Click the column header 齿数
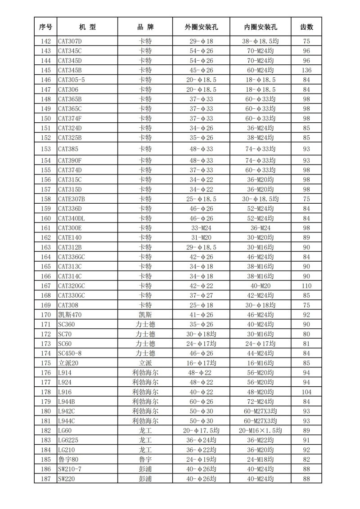click(x=306, y=27)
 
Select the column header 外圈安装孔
click(x=201, y=27)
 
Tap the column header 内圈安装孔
click(x=260, y=27)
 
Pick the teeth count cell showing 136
click(x=306, y=70)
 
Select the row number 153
click(x=45, y=149)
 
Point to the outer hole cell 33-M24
click(x=201, y=228)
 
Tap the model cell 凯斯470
click(x=69, y=315)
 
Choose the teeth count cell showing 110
click(x=306, y=286)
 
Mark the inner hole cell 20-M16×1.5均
click(x=260, y=430)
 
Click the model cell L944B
click(x=67, y=402)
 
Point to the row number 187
click(x=45, y=479)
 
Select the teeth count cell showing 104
click(x=306, y=392)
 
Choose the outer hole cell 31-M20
click(x=201, y=237)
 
